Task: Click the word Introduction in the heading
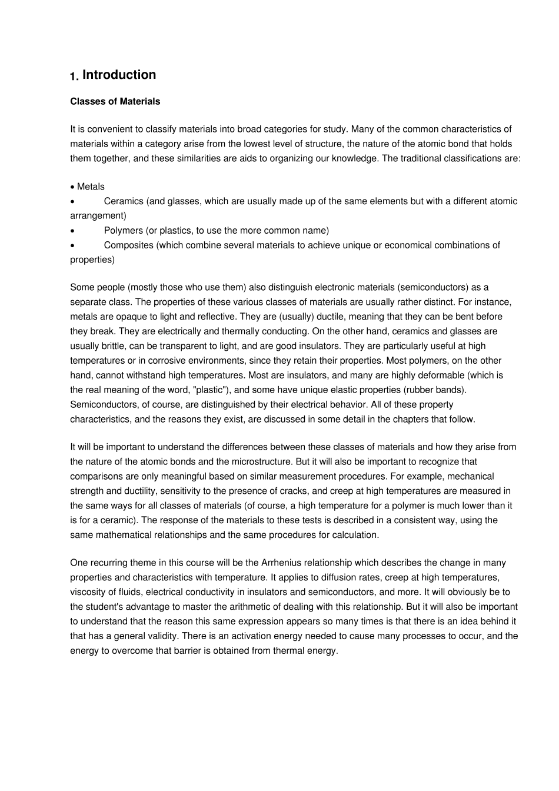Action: pyautogui.click(x=119, y=75)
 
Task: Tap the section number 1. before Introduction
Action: pyautogui.click(x=74, y=77)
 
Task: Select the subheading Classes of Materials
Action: pyautogui.click(x=115, y=101)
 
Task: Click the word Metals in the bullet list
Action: pyautogui.click(x=91, y=187)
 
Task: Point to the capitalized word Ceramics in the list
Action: pyautogui.click(x=124, y=201)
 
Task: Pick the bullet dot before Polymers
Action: pyautogui.click(x=72, y=231)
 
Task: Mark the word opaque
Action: pyautogui.click(x=130, y=317)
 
